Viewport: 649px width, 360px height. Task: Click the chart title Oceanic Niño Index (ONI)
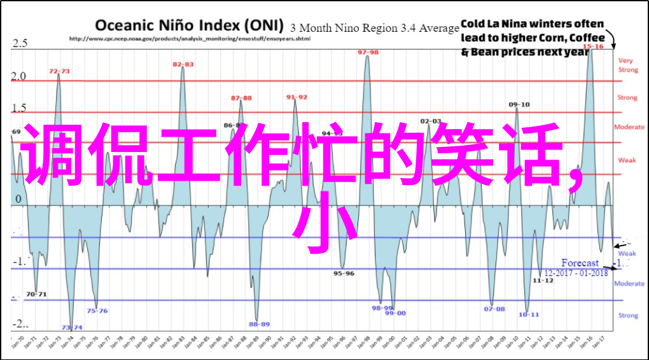190,25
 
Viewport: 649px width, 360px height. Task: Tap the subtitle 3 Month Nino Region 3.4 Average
375,28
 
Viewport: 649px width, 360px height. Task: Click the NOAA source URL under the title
189,39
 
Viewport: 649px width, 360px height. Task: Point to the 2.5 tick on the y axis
20,44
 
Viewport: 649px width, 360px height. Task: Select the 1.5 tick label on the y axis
20,108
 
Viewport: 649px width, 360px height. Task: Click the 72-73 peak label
60,71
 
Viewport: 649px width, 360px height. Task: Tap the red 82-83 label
183,64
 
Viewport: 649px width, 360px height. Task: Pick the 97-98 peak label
368,52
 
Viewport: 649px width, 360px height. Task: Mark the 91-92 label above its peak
297,97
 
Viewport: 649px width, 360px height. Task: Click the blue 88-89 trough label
259,324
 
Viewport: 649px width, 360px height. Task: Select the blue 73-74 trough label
72,328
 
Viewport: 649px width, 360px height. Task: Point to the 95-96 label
344,273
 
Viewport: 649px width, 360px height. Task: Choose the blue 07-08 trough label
494,308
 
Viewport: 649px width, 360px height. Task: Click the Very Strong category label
627,65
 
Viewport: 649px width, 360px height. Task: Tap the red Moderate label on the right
629,127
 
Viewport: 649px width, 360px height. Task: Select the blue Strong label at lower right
628,315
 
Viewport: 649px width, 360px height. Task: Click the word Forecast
580,263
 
